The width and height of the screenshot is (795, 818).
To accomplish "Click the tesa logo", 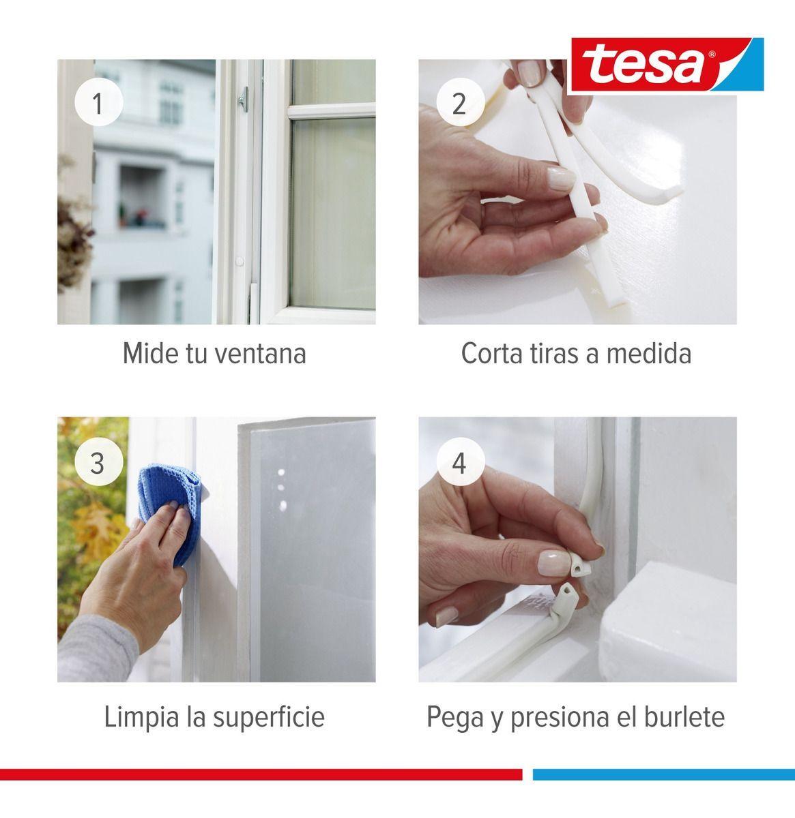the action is pyautogui.click(x=667, y=65).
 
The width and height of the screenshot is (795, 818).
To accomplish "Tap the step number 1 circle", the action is pyautogui.click(x=98, y=102).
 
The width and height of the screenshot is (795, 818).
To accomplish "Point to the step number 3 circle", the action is pyautogui.click(x=98, y=462).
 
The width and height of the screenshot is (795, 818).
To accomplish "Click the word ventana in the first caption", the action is pyautogui.click(x=261, y=354).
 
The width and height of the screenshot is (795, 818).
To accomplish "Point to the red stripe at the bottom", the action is pyautogui.click(x=261, y=774).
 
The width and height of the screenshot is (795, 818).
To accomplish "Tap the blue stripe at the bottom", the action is pyautogui.click(x=664, y=774).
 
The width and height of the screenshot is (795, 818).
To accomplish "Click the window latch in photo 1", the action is pyautogui.click(x=244, y=100).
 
